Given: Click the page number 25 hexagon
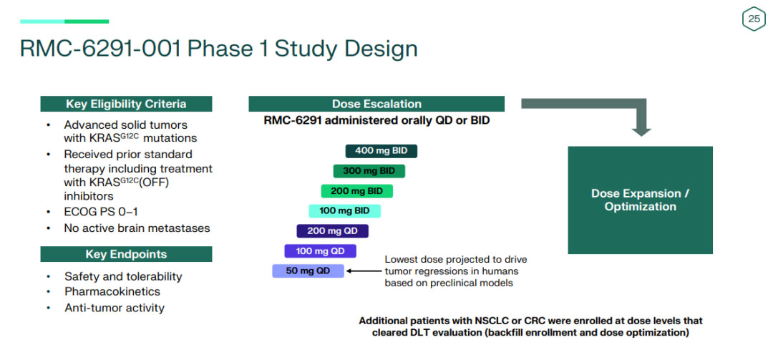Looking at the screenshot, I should pos(754,19).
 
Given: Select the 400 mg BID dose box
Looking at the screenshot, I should pos(381,151).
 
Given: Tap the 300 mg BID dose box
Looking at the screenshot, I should pos(369,171).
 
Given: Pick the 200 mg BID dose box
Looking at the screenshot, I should pos(356,191).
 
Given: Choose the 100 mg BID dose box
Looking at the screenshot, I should pos(344,211).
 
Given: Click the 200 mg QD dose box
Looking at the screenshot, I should pos(332,231).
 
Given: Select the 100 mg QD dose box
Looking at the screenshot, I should pos(320,251).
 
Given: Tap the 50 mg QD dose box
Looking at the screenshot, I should pos(308,271).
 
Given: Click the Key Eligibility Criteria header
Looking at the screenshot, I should pos(126,104).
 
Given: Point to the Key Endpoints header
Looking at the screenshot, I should pos(126,254).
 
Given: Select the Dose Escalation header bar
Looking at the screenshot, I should pos(376,104).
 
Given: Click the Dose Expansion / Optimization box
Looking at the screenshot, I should pos(640,200).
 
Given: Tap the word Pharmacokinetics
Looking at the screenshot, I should pos(112,291).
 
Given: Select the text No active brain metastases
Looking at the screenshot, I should pos(137,228).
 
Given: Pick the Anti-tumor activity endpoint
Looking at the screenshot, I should pos(115,308).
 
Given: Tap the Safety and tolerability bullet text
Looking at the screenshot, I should pos(123,276).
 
